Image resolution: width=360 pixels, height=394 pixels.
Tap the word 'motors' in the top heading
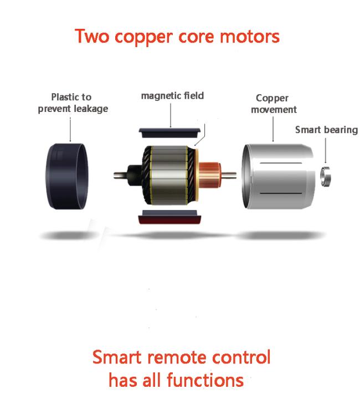(249, 37)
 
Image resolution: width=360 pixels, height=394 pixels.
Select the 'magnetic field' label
(172, 96)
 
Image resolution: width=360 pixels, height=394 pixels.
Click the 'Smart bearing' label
(326, 130)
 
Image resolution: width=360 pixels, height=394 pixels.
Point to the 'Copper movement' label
(274, 104)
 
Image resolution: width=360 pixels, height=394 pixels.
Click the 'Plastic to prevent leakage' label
(73, 103)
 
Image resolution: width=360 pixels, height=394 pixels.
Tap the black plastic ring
(67, 176)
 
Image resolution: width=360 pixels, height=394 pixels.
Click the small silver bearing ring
(326, 177)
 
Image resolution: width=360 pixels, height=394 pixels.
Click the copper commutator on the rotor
(210, 175)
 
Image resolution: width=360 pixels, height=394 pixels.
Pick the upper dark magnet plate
(170, 133)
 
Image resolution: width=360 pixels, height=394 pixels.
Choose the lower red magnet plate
(170, 217)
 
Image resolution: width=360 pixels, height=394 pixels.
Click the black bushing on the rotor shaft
(135, 175)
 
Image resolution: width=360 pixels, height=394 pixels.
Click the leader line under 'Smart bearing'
(326, 151)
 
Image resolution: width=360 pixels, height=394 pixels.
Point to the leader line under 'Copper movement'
(273, 129)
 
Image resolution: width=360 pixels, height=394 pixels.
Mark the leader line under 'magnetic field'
(171, 115)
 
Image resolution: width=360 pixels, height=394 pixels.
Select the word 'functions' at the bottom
(205, 380)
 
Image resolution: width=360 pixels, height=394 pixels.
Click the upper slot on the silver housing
(281, 163)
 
